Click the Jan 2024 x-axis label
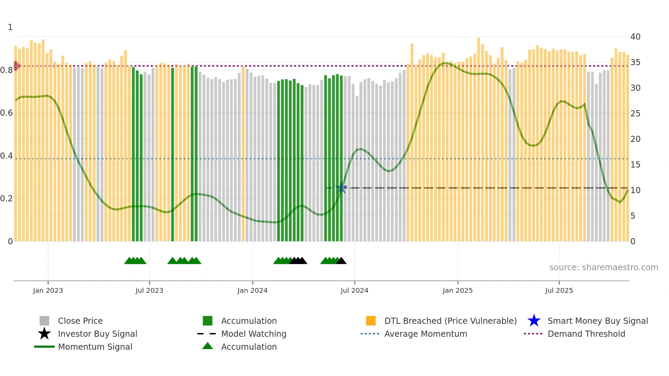(252, 290)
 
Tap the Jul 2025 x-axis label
(559, 290)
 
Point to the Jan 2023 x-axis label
(48, 290)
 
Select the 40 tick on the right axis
(635, 37)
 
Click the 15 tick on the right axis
(635, 165)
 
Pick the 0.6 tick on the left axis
(6, 113)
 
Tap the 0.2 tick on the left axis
(6, 199)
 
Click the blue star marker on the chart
(341, 188)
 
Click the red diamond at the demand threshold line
(16, 66)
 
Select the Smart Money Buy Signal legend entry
(597, 321)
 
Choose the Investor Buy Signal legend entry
(97, 334)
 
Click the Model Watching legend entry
(254, 334)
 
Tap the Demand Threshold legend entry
(586, 334)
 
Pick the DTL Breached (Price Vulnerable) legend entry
(450, 321)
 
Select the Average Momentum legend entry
(425, 334)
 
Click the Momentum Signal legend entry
(95, 347)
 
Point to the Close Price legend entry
(80, 321)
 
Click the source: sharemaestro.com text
(603, 267)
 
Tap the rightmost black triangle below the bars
(341, 261)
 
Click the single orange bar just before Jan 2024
(243, 154)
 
